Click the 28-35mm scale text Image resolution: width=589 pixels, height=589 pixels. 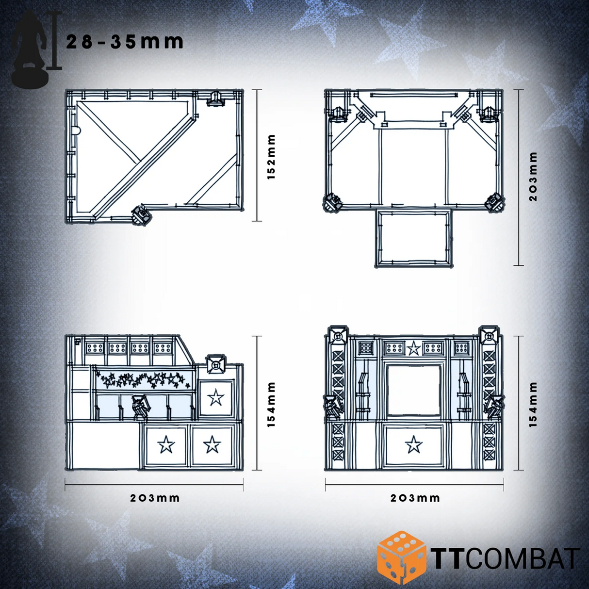tap(125, 42)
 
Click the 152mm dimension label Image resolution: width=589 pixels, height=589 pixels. tap(271, 157)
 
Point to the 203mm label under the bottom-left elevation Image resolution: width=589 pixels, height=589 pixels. tap(155, 498)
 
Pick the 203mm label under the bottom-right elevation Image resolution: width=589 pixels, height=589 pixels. tap(415, 498)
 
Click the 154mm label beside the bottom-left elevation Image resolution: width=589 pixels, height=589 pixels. tap(271, 404)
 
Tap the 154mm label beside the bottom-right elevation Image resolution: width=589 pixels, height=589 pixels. tap(533, 404)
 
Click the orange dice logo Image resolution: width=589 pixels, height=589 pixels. tap(401, 557)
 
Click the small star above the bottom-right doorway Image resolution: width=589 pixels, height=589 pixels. tap(413, 348)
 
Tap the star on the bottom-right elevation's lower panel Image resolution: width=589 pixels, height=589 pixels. tap(413, 444)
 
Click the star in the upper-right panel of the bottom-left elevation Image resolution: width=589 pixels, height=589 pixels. tap(215, 398)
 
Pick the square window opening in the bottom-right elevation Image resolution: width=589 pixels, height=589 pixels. tap(413, 391)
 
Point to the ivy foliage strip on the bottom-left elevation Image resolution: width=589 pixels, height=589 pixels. tap(143, 379)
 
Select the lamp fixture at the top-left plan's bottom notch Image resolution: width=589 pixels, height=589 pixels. tap(142, 214)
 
